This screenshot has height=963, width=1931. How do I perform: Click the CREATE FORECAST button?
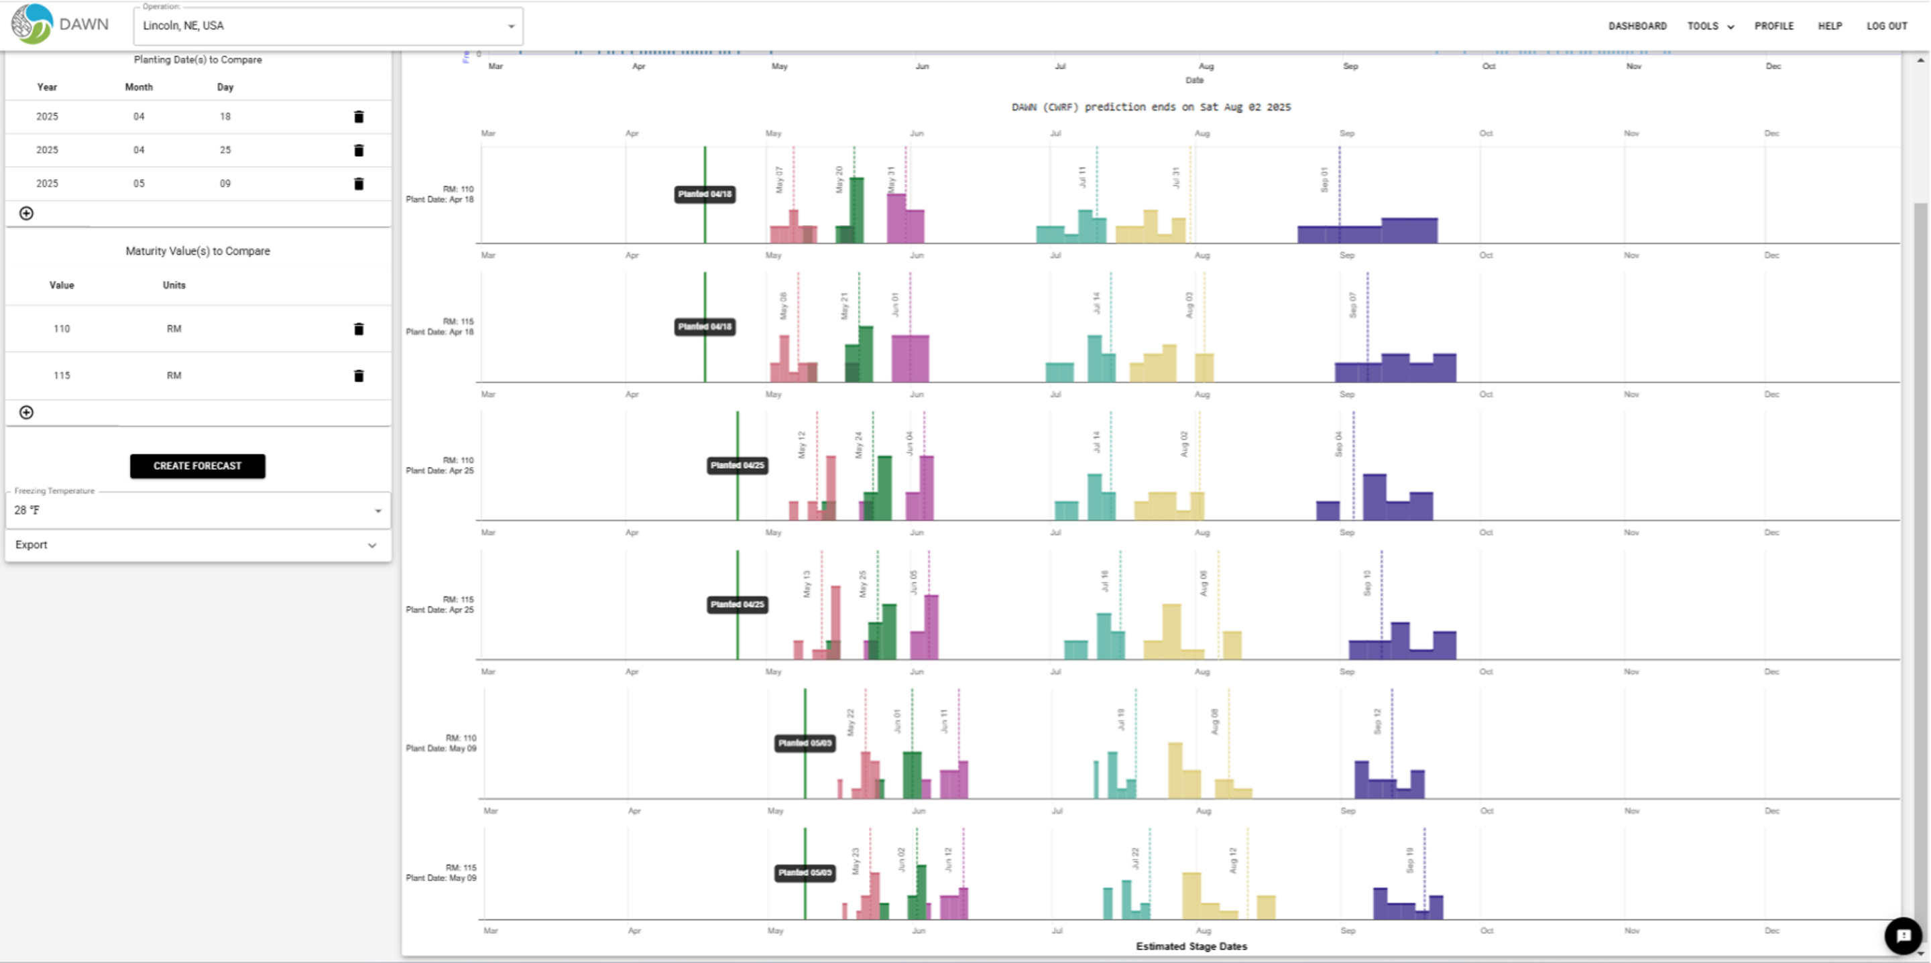[197, 465]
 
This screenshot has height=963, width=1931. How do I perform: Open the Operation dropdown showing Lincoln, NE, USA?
[328, 26]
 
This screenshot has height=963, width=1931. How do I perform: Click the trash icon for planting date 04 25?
[358, 150]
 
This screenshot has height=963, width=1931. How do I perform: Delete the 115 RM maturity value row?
[358, 375]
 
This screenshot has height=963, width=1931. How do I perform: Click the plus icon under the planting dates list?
[26, 214]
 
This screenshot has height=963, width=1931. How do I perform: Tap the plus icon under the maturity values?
[26, 412]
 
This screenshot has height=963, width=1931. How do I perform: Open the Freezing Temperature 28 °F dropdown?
[197, 511]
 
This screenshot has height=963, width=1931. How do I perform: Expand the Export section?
[197, 545]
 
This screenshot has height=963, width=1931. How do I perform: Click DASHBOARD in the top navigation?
[1637, 26]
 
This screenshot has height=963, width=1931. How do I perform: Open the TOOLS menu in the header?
[1710, 26]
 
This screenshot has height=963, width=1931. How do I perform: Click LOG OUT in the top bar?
[1886, 26]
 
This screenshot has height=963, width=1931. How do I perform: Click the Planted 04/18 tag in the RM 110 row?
[704, 194]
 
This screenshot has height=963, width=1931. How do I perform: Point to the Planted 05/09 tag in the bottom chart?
[805, 873]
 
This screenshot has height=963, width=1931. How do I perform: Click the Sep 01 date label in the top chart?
[1324, 180]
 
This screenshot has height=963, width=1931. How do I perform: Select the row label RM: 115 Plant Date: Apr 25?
[440, 604]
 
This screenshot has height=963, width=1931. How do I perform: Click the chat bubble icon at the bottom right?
[1903, 936]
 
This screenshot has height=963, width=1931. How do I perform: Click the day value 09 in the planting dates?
[225, 184]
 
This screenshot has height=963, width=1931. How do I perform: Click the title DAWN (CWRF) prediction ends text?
[1151, 107]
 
